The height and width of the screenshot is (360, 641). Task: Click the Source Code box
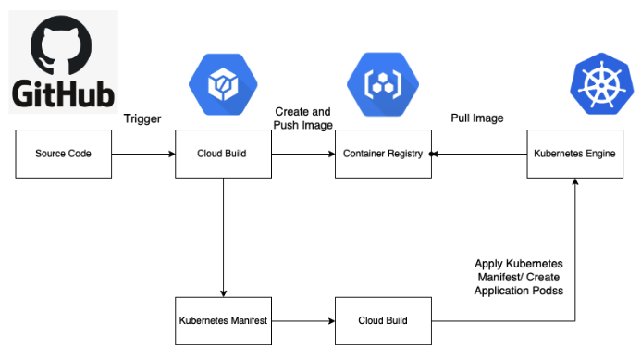pyautogui.click(x=64, y=154)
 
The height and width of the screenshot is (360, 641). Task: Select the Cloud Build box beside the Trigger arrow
pyautogui.click(x=224, y=154)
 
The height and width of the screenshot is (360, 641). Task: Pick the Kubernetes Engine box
pyautogui.click(x=575, y=154)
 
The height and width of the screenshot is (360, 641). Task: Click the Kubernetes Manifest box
pyautogui.click(x=224, y=321)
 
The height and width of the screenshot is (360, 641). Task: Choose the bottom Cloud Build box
pyautogui.click(x=383, y=321)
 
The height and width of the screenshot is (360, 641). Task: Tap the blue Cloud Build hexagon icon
pyautogui.click(x=224, y=85)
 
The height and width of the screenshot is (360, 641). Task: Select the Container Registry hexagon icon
pyautogui.click(x=382, y=85)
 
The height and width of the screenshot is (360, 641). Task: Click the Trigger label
pyautogui.click(x=142, y=119)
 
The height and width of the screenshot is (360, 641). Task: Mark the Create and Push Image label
pyautogui.click(x=302, y=118)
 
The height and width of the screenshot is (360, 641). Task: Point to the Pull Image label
pyautogui.click(x=477, y=119)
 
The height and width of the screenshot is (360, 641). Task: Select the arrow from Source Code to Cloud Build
pyautogui.click(x=143, y=154)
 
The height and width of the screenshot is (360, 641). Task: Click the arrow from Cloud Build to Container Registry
pyautogui.click(x=302, y=154)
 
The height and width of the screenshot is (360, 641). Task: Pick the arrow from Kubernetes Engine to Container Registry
pyautogui.click(x=479, y=154)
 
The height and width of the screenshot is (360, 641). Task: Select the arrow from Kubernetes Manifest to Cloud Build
pyautogui.click(x=302, y=321)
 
